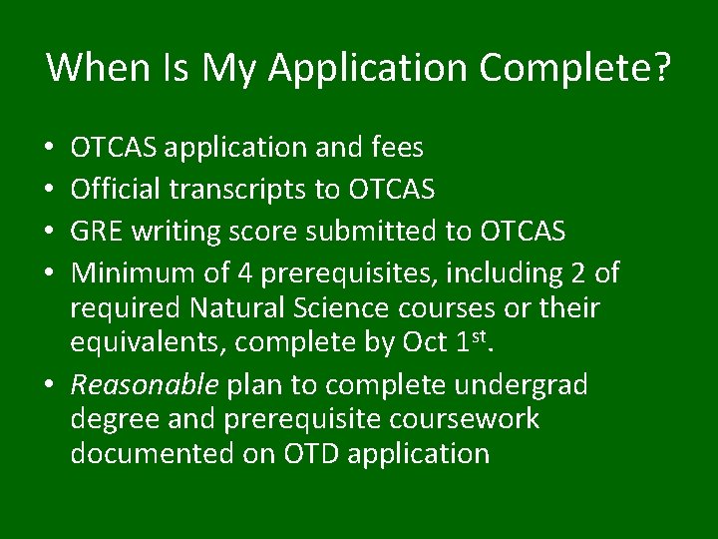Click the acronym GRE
96,232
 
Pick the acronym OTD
310,454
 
